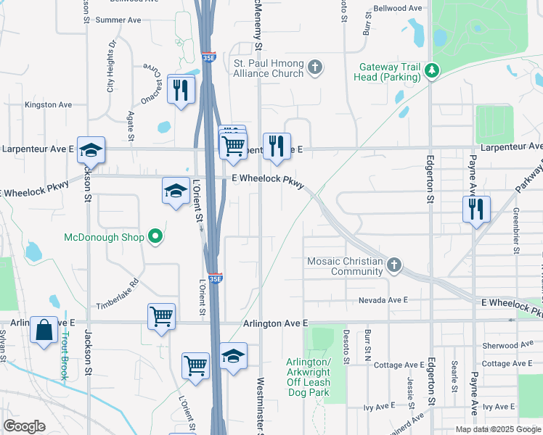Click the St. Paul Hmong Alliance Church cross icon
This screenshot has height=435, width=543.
pyautogui.click(x=314, y=67)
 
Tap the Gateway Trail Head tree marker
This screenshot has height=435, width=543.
pyautogui.click(x=432, y=70)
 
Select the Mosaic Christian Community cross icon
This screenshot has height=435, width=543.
pyautogui.click(x=394, y=265)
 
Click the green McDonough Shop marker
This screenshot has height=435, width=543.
pyautogui.click(x=155, y=236)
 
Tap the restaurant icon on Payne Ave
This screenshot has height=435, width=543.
pyautogui.click(x=476, y=210)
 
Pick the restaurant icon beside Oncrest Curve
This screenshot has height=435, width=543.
pyautogui.click(x=181, y=90)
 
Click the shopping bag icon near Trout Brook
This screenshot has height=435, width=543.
pyautogui.click(x=45, y=331)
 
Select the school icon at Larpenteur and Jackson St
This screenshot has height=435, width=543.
pyautogui.click(x=91, y=150)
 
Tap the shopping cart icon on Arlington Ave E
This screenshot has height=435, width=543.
pyautogui.click(x=161, y=316)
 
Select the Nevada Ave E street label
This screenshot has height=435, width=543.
pyautogui.click(x=383, y=300)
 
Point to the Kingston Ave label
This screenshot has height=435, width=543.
pyautogui.click(x=48, y=104)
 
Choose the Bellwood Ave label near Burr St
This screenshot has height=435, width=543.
pyautogui.click(x=397, y=9)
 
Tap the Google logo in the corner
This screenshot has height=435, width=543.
pyautogui.click(x=24, y=426)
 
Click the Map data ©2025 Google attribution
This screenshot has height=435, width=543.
pyautogui.click(x=497, y=429)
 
